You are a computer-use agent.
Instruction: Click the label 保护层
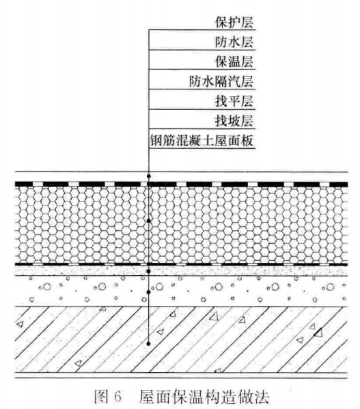pos(234,22)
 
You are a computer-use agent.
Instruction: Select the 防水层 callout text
pos(234,42)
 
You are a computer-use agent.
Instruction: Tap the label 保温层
pos(234,61)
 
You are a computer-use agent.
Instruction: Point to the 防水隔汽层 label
pos(221,81)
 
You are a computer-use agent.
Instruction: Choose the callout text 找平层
pos(234,101)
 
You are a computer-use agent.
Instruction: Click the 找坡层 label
pos(234,121)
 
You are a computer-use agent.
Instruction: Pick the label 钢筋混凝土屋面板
pos(202,141)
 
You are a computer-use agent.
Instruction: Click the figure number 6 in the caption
pos(117,397)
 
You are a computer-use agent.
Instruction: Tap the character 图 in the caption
pos(101,397)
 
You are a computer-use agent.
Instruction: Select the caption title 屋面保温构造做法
pos(204,397)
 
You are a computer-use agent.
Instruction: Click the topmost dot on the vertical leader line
pos(149,176)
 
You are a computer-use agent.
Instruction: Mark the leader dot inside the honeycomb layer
pos(149,221)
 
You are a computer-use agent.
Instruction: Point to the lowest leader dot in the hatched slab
pos(148,343)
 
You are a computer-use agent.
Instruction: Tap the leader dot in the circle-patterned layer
pos(149,292)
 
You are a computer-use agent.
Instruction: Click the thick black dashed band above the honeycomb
pos(181,184)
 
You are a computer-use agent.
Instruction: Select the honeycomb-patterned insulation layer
pos(181,225)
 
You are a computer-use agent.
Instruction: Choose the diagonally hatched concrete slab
pos(181,339)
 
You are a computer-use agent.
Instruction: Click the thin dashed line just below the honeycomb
pos(181,264)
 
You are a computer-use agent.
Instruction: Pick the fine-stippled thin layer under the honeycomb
pos(181,271)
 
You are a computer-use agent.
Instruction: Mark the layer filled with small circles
pos(181,291)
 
